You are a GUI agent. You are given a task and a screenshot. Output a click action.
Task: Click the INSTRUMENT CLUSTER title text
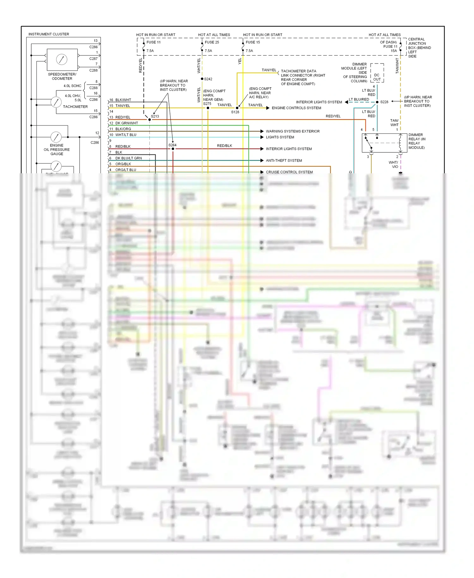(x=49, y=34)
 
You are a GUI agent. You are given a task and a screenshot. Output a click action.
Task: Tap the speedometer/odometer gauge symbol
(x=62, y=59)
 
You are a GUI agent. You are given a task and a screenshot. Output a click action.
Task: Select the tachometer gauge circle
(x=56, y=102)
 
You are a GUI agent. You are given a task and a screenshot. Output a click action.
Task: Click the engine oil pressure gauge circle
(x=56, y=137)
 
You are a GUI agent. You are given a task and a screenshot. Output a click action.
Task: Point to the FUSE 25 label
(x=212, y=42)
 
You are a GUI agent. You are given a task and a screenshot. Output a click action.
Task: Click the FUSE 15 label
(x=253, y=42)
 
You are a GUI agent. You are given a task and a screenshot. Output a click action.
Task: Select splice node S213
(x=150, y=120)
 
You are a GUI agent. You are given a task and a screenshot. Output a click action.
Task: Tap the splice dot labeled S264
(x=173, y=149)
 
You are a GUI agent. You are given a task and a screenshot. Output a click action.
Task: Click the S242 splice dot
(x=202, y=79)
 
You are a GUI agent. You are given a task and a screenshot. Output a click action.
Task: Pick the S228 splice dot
(x=377, y=102)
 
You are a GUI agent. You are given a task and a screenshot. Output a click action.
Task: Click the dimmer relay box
(x=384, y=143)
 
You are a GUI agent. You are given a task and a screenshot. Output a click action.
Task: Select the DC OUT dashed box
(x=377, y=73)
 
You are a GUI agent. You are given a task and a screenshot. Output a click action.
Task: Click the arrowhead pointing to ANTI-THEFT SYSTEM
(x=262, y=161)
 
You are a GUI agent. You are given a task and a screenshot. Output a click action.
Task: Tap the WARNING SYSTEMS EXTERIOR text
(x=293, y=131)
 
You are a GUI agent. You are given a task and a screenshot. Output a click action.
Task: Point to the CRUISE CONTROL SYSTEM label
(x=289, y=172)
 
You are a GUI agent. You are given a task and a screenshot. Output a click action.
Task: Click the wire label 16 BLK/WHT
(x=120, y=100)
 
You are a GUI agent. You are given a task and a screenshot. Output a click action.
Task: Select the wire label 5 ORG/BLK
(x=120, y=164)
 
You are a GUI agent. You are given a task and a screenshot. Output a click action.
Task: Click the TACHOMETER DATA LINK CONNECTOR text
(x=303, y=77)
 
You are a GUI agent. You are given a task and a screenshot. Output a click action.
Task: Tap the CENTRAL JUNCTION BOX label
(x=419, y=48)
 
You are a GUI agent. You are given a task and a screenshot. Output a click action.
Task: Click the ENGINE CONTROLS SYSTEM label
(x=296, y=108)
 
